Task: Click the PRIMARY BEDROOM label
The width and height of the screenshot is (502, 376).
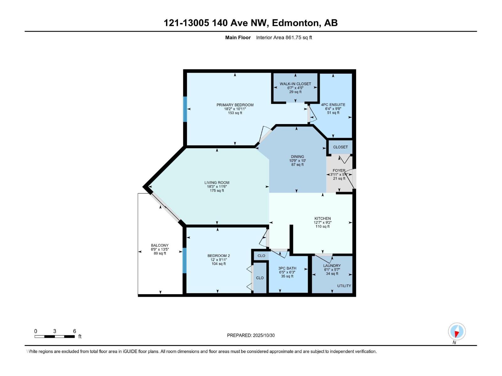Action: coord(235,105)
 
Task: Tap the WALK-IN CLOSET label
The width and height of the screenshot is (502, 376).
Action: coord(295,84)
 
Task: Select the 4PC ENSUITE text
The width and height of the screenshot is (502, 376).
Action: coord(333,105)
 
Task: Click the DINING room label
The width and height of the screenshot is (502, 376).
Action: coord(297,157)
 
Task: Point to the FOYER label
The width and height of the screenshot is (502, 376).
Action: coord(339,171)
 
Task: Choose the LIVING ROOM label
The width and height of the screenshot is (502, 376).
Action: coord(217,183)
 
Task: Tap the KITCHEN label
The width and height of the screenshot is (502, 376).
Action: coord(323,218)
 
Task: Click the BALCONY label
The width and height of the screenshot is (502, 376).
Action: coord(160,245)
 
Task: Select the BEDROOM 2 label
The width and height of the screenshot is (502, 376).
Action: coord(219,256)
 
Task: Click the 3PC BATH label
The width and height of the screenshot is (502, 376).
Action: coord(287,268)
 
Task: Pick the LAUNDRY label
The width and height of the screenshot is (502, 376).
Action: coord(332,265)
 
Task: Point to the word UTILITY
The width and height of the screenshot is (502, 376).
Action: coord(344,286)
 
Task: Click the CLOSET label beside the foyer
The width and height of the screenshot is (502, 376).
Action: coord(340,147)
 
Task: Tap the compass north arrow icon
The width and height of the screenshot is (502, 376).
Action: coord(457,332)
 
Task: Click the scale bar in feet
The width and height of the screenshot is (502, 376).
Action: coord(55,337)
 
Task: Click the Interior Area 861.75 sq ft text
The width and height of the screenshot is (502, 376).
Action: coord(284,38)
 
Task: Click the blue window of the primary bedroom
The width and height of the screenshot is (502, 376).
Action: coord(185,109)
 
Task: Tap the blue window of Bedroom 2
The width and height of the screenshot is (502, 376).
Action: coord(184,260)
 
